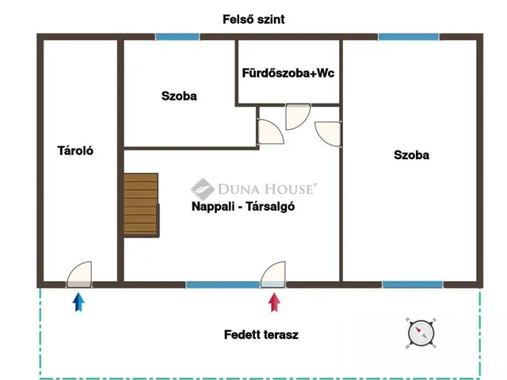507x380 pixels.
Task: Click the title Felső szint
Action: (253, 19)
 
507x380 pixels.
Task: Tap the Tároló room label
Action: (75, 150)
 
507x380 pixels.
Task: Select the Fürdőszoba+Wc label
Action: (288, 73)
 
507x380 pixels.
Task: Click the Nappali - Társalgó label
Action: (243, 206)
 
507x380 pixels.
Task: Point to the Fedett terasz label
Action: (261, 334)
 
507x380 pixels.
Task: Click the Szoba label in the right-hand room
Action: (411, 155)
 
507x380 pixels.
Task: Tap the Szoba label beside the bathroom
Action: (179, 96)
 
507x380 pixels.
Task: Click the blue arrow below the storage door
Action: (78, 302)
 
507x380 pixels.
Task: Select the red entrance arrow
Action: (274, 302)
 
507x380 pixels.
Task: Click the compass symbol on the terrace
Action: (421, 333)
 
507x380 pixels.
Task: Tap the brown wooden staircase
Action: (141, 205)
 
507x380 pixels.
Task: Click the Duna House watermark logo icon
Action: (203, 189)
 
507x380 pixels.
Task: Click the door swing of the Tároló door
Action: (79, 275)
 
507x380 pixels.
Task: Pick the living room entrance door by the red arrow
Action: (273, 275)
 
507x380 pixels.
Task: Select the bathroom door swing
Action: (298, 116)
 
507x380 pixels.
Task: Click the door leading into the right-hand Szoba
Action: (328, 134)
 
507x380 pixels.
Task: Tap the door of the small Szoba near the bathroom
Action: (270, 131)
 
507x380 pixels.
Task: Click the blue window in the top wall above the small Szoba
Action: (177, 37)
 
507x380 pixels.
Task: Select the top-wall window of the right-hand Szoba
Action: (409, 37)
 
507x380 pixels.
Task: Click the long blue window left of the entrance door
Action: (223, 285)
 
